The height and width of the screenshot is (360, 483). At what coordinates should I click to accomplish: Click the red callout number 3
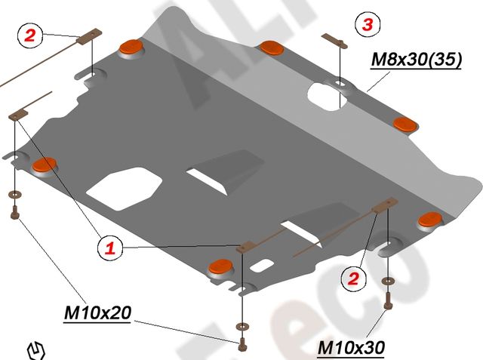pyautogui.click(x=368, y=25)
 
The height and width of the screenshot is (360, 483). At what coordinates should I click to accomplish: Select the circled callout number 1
pyautogui.click(x=109, y=247)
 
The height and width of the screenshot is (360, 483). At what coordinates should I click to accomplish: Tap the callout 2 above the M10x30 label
pyautogui.click(x=352, y=278)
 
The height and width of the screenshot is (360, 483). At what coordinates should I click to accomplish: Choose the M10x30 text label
pyautogui.click(x=351, y=347)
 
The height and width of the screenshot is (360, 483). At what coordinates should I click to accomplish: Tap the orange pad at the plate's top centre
pyautogui.click(x=270, y=48)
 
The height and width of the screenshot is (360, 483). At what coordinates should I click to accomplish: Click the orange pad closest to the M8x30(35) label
pyautogui.click(x=405, y=123)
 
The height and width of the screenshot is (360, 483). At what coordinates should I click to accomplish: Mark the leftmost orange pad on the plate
pyautogui.click(x=46, y=164)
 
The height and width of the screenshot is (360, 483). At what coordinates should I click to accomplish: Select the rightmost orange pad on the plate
pyautogui.click(x=429, y=219)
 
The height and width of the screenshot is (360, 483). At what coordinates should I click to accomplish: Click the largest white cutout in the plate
pyautogui.click(x=123, y=188)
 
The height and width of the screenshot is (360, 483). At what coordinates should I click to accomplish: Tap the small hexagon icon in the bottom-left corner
pyautogui.click(x=36, y=349)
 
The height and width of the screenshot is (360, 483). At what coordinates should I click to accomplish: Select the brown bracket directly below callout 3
pyautogui.click(x=334, y=39)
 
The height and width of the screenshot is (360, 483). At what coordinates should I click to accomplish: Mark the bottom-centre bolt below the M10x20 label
pyautogui.click(x=241, y=347)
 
